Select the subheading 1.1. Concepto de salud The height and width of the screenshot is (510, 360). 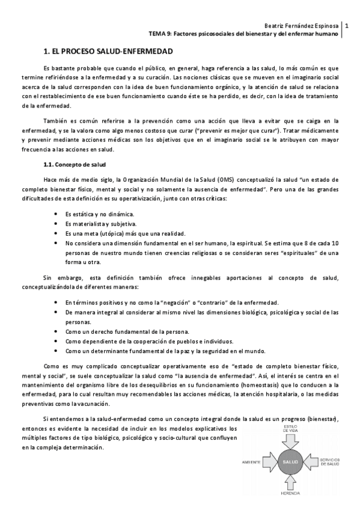(75, 164)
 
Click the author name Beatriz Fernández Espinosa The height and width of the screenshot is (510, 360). (302, 25)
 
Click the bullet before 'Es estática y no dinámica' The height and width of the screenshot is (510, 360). (56, 214)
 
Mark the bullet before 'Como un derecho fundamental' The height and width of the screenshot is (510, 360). (56, 331)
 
